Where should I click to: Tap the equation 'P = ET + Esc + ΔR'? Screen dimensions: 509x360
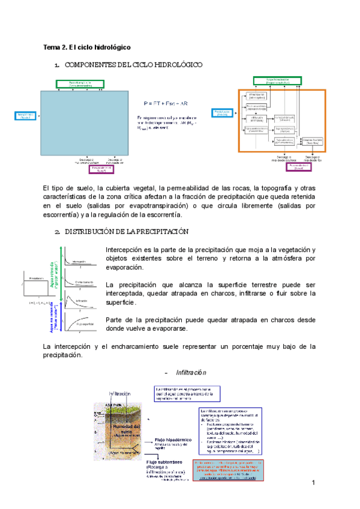(165, 103)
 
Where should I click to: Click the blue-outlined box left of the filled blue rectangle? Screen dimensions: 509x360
(25, 116)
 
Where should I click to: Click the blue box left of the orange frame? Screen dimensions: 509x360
(222, 113)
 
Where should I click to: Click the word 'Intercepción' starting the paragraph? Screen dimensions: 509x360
(125, 250)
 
